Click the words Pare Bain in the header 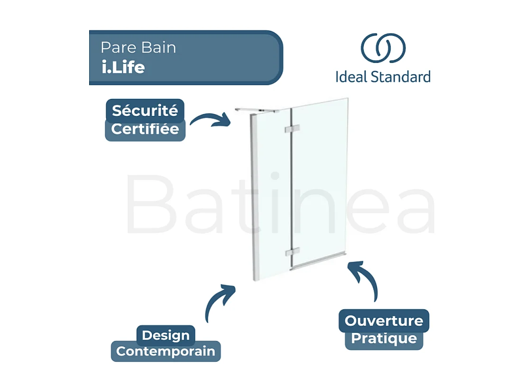[x=138, y=47]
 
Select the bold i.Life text [x=123, y=67]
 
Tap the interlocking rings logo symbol [x=383, y=48]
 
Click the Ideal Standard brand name [x=383, y=76]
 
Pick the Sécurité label [x=145, y=111]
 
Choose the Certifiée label [x=145, y=129]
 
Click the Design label [x=165, y=335]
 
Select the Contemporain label [x=165, y=352]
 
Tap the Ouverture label [x=384, y=321]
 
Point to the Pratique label [x=384, y=339]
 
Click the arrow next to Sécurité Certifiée [x=210, y=120]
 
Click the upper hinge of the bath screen [x=291, y=129]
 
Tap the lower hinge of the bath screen [x=292, y=252]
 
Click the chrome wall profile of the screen [x=254, y=199]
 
